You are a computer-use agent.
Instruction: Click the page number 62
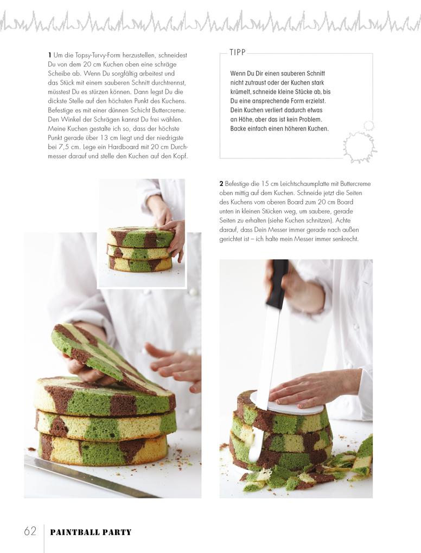30,531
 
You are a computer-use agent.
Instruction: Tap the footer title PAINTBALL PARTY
91,532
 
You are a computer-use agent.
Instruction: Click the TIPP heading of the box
238,53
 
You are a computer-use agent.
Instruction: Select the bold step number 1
50,55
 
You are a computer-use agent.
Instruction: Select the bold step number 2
221,184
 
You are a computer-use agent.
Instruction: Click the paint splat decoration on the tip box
359,143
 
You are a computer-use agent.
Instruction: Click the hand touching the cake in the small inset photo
174,238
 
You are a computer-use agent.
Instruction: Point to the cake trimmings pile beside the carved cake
317,469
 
